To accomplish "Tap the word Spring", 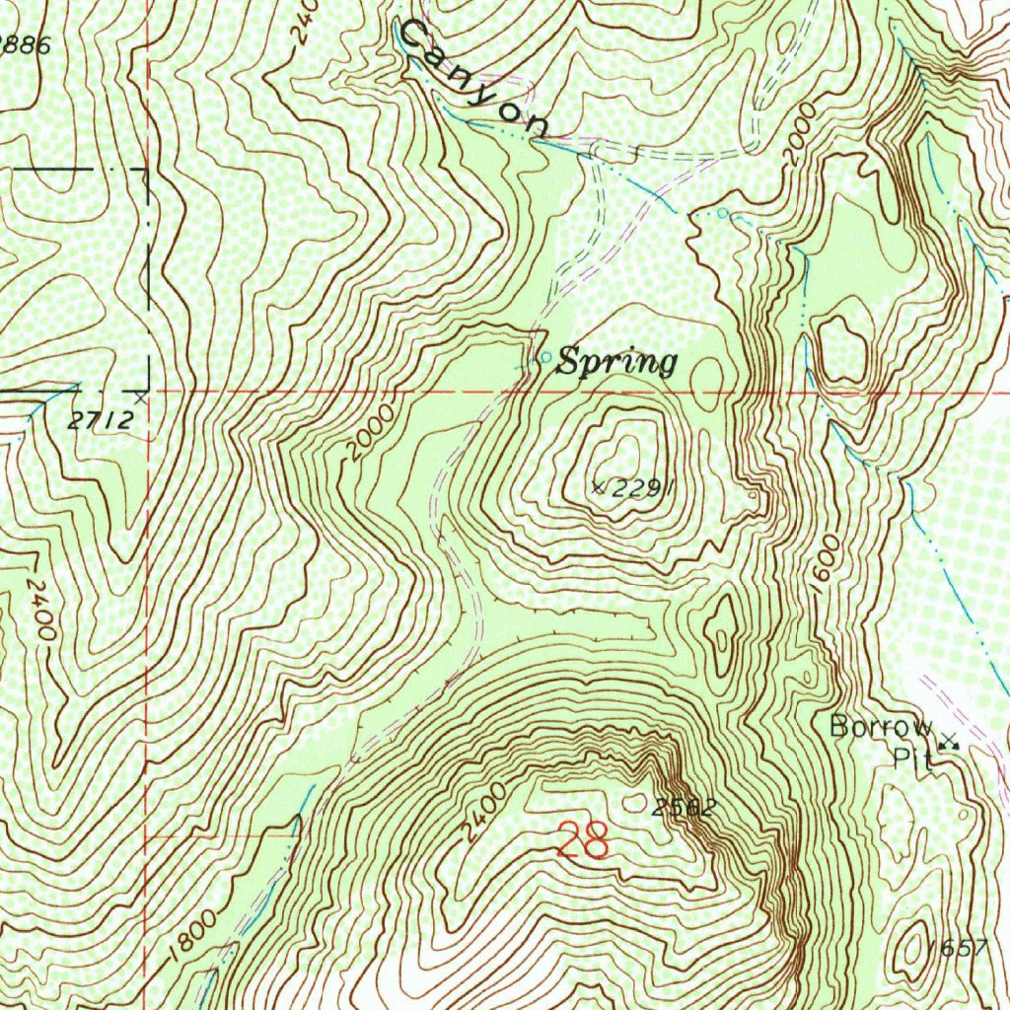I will pyautogui.click(x=616, y=363).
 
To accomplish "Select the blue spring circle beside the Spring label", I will pyautogui.click(x=545, y=357).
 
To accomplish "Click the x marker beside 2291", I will pyautogui.click(x=598, y=486).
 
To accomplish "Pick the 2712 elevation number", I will pyautogui.click(x=102, y=419).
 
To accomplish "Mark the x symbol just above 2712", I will pyautogui.click(x=141, y=397).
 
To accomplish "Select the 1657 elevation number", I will pyautogui.click(x=957, y=948).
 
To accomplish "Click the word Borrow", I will pyautogui.click(x=880, y=727).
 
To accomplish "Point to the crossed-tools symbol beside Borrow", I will pyautogui.click(x=949, y=742).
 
